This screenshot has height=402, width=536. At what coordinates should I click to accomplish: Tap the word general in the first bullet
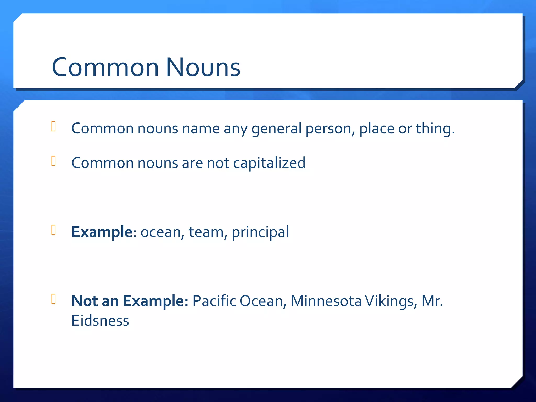[x=277, y=129]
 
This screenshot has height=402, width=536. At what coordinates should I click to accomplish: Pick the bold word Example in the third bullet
[x=102, y=232]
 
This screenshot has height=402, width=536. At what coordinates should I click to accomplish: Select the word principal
[x=260, y=232]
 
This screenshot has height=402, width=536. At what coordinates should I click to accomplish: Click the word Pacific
[x=214, y=301]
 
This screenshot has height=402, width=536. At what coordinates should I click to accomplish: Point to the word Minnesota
[x=326, y=301]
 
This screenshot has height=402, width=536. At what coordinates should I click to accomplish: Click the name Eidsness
[x=100, y=321]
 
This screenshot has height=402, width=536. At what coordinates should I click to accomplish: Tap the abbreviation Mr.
[x=432, y=301]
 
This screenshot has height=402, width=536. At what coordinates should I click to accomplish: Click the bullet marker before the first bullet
[x=54, y=126]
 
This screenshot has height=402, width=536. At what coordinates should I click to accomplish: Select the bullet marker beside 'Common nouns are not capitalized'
[x=54, y=161]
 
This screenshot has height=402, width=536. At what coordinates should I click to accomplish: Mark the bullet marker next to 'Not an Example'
[x=54, y=299]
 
